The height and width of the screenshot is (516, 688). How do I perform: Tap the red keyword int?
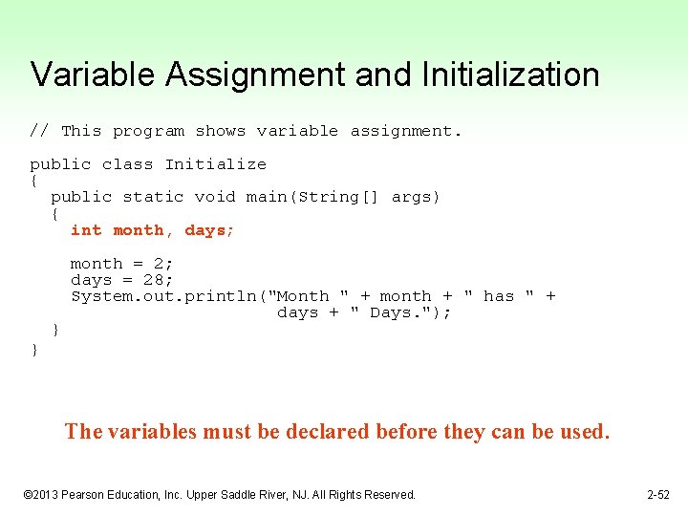(86, 230)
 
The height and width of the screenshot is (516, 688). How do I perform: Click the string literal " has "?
(498, 296)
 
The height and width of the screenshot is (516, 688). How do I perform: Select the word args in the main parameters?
(412, 197)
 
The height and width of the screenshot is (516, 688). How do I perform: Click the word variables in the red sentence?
(153, 432)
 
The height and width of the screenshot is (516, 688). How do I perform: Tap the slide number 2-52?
(657, 495)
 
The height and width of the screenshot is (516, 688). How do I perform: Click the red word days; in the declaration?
(209, 230)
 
